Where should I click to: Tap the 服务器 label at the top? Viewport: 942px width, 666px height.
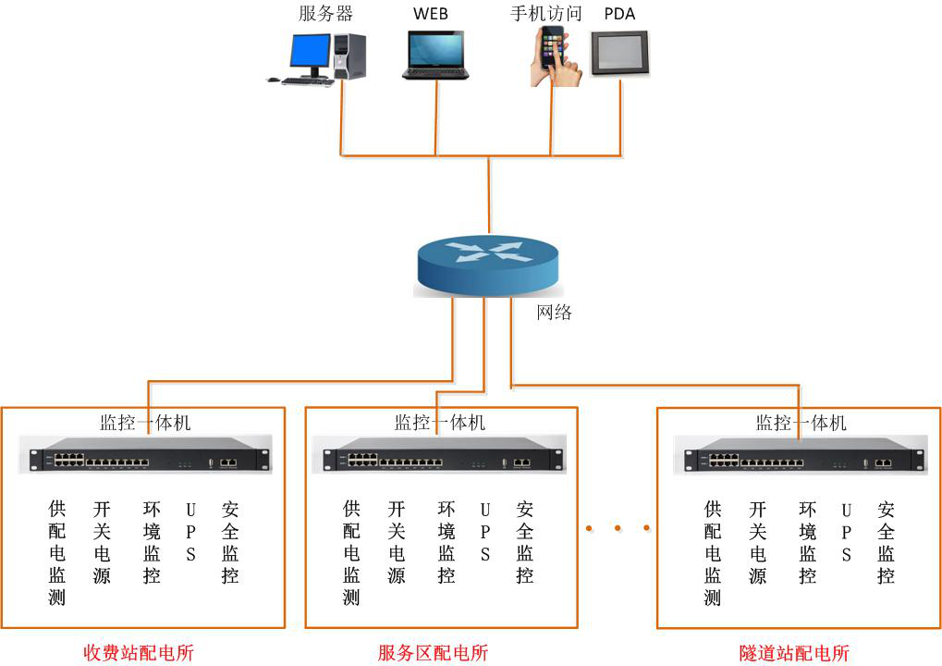click(325, 13)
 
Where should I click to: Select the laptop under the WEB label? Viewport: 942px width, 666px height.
click(436, 55)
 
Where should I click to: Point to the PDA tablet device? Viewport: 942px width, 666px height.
click(618, 53)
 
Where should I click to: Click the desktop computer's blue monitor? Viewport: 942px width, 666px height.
click(309, 52)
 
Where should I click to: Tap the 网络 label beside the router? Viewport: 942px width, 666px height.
click(555, 312)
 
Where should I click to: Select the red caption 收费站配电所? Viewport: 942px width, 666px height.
click(139, 652)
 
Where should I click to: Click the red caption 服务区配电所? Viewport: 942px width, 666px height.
click(433, 652)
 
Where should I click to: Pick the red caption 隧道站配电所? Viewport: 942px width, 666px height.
click(794, 652)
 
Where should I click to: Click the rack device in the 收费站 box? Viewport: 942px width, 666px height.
click(151, 454)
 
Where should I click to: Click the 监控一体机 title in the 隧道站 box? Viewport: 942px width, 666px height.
click(801, 423)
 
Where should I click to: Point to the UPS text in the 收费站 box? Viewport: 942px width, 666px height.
click(191, 532)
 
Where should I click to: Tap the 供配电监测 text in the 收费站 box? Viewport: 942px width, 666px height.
click(57, 552)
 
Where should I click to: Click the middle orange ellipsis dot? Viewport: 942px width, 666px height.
click(617, 528)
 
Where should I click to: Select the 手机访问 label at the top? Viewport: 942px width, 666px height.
click(546, 13)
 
